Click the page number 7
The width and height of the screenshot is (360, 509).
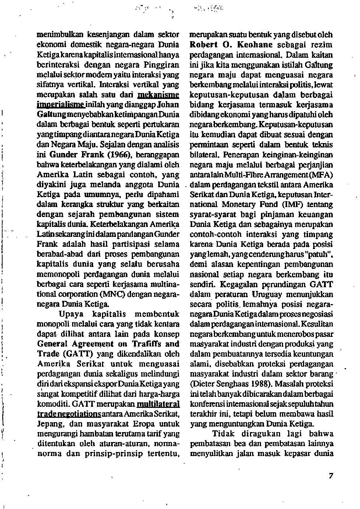pos(331,476)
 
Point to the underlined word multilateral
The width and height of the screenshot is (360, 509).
pos(158,404)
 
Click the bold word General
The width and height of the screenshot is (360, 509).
pos(53,344)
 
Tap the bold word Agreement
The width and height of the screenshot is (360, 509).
pos(93,344)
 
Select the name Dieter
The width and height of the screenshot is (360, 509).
pos(202,384)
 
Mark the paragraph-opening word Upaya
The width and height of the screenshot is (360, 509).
pos(71,314)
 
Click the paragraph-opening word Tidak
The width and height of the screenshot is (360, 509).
pos(223,434)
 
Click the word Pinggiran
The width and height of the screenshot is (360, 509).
pos(161,65)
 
